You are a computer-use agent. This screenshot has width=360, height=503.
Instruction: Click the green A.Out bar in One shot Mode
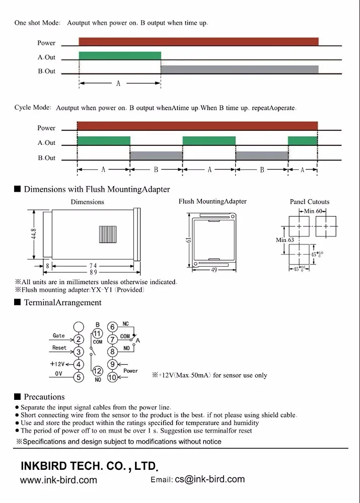coord(120,55)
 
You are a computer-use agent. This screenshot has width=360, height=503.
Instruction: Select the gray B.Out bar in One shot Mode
coord(239,69)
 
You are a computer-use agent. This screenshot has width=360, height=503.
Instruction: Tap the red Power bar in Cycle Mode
coord(197,126)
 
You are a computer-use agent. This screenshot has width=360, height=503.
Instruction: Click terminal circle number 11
coord(98,334)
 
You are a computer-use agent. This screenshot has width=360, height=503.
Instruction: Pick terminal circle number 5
coord(79,377)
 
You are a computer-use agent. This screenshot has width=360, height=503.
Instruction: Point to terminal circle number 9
coord(112,364)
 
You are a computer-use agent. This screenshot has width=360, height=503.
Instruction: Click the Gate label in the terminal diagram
coord(59,336)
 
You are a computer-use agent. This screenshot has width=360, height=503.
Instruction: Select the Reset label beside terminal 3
coord(59,348)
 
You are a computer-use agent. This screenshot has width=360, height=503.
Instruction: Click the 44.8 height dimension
coord(35,235)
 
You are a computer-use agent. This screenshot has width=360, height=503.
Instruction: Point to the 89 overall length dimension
coord(93,272)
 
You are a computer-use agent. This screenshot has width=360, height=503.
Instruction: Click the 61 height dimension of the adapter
coord(188,240)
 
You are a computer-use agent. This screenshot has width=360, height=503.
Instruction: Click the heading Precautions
coord(44,397)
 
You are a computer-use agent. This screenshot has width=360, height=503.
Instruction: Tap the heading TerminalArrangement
coord(62,303)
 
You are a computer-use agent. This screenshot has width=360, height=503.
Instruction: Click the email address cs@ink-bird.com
coord(209,479)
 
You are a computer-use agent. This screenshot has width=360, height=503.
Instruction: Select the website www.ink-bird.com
coord(58,480)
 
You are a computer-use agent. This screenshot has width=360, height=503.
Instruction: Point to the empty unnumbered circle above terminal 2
coord(79,326)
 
